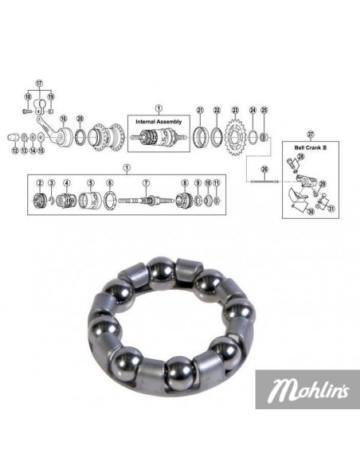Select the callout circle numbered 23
tap(236, 111)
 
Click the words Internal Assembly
tap(158, 120)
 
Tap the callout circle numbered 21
tap(200, 111)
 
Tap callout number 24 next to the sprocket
tap(253, 111)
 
